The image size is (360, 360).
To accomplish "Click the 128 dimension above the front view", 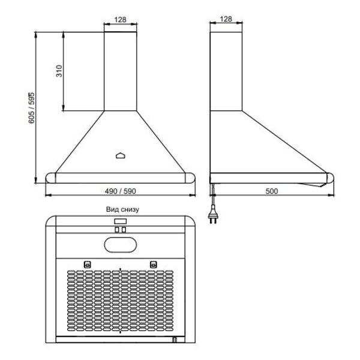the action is [x=121, y=20].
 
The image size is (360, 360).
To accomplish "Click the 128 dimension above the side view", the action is [x=226, y=19].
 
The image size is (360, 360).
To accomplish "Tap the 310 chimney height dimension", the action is [x=59, y=71].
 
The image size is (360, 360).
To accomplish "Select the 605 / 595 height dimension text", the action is [x=31, y=108].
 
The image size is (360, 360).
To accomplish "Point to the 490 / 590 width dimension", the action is [x=121, y=191].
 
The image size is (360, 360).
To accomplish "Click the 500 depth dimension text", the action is [x=272, y=191].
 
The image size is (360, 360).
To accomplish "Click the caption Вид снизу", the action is [x=122, y=209].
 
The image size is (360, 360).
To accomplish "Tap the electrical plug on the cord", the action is [x=213, y=215].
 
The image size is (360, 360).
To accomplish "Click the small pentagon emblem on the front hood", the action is [x=121, y=155].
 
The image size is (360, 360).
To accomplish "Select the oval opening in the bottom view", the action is [x=121, y=245].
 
